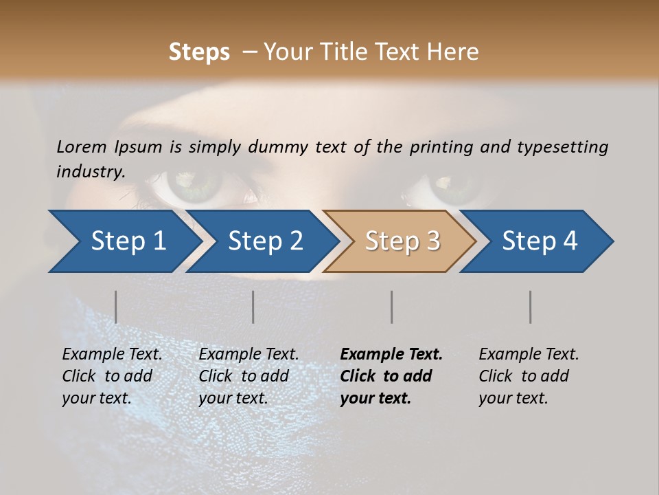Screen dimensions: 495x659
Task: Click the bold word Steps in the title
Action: pos(199,52)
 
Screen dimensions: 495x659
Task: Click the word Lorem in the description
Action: pos(82,146)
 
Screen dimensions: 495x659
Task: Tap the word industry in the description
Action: pos(91,171)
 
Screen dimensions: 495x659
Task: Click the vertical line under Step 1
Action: pos(116,307)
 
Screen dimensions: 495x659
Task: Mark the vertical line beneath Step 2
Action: pos(253,307)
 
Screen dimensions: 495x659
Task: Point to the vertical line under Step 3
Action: pos(392,307)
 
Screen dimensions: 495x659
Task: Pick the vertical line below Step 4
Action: pos(531,307)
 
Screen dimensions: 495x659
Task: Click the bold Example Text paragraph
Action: pos(391,376)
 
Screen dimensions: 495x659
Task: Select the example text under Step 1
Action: pos(112,376)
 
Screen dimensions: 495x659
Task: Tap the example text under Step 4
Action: pos(528,376)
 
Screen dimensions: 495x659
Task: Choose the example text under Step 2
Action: pos(248,376)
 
